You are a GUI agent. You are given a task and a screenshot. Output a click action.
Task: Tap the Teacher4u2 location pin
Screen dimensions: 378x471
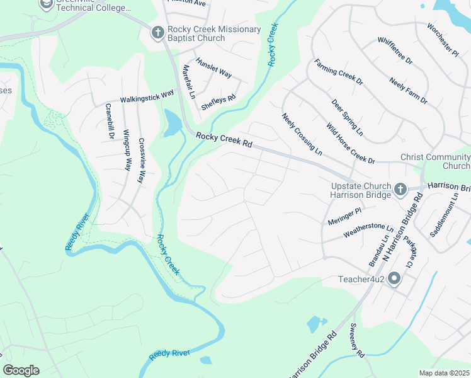click(x=394, y=278)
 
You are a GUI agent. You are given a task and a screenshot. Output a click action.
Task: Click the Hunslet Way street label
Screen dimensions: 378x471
click(x=213, y=67)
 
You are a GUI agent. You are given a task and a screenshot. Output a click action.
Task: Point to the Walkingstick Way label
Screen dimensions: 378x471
click(x=147, y=96)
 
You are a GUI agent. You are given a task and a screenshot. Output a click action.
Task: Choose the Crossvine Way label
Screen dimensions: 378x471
click(x=142, y=161)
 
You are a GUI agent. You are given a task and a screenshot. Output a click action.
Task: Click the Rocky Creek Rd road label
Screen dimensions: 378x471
click(x=224, y=140)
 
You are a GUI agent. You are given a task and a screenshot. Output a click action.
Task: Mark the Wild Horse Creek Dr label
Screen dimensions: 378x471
click(x=349, y=143)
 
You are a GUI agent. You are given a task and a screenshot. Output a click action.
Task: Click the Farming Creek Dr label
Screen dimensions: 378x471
click(x=339, y=72)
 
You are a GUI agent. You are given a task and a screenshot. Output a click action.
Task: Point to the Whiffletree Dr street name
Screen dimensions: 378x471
click(x=394, y=50)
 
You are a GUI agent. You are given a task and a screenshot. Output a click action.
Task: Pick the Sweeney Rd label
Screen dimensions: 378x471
click(x=356, y=342)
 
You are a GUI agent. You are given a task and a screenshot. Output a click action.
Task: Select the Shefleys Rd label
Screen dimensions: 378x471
click(x=218, y=102)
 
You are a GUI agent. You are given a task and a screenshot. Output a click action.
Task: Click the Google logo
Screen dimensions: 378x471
click(x=21, y=370)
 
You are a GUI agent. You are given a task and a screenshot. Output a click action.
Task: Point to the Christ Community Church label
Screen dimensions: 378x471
click(x=435, y=161)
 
